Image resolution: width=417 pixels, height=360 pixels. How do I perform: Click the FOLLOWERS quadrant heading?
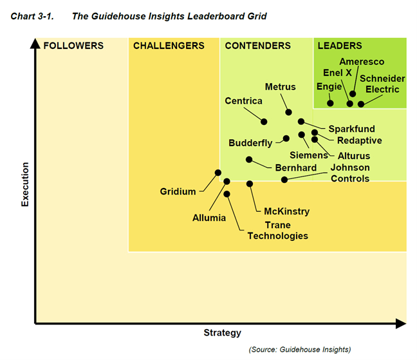point(73,46)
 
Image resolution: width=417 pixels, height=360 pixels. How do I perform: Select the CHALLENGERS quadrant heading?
point(169,46)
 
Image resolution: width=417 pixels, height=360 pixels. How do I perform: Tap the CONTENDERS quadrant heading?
point(257,46)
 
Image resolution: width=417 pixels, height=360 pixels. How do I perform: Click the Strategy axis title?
point(222,333)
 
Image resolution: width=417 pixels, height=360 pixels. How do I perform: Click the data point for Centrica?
point(264,121)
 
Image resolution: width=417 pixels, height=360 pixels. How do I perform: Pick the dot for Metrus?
point(289,112)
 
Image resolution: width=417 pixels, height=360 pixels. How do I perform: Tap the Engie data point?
point(330,103)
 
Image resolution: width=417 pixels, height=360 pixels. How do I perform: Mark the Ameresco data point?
point(353,94)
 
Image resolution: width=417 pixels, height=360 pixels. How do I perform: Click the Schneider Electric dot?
point(361,104)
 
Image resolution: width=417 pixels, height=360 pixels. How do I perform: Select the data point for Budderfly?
point(286,138)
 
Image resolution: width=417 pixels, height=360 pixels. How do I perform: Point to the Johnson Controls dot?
point(284,179)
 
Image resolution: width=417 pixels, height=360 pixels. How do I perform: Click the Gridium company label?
point(178,192)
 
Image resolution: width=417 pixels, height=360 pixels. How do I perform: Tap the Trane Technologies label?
point(278,231)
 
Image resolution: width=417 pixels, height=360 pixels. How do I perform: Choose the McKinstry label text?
point(287,211)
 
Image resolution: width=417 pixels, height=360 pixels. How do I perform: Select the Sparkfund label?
point(351,129)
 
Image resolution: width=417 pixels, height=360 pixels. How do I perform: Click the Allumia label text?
point(209,218)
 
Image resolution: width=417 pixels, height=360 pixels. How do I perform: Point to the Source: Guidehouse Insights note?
point(300,349)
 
